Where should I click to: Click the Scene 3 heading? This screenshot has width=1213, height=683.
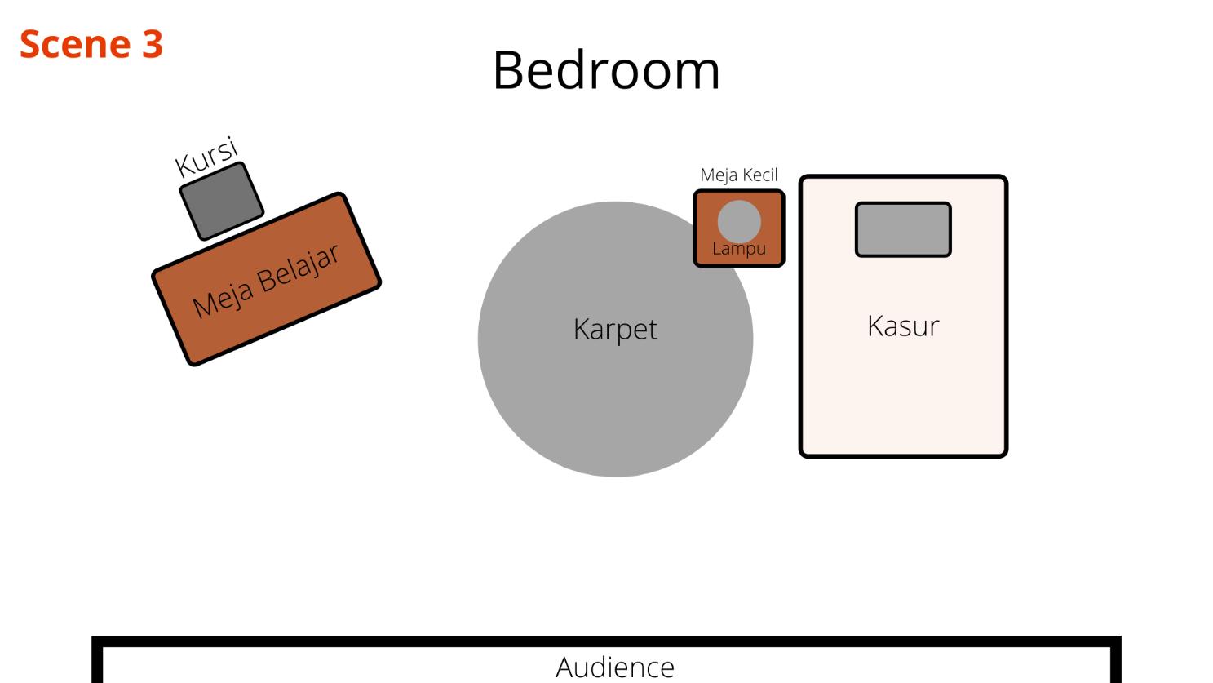91,44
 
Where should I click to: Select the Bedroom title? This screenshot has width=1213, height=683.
606,70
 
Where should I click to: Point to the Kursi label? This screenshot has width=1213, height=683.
207,158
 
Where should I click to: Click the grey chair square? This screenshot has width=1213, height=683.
221,200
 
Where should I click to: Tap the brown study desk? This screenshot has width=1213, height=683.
326,310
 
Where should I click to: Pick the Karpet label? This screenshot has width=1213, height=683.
615,329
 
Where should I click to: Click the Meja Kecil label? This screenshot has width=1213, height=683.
739,175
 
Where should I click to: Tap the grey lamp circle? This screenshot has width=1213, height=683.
739,218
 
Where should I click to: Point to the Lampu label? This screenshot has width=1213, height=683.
739,248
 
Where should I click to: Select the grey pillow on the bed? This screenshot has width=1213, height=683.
903,229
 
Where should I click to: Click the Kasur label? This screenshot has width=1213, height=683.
903,326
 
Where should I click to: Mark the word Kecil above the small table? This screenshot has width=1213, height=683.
759,175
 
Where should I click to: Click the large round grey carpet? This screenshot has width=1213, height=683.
571,392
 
